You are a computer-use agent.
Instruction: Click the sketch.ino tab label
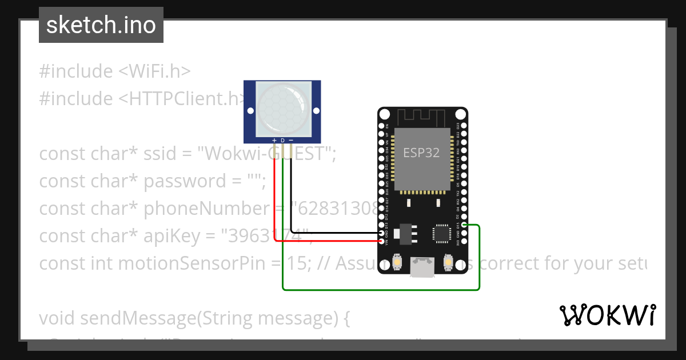(x=101, y=25)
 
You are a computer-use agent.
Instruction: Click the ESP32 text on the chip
(x=421, y=153)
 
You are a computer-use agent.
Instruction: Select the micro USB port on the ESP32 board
(x=422, y=266)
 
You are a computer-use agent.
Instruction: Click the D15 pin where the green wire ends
(x=465, y=225)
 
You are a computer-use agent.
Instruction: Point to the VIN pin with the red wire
(x=381, y=241)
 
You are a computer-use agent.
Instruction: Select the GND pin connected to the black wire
(x=381, y=233)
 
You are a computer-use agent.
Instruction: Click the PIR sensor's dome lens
(x=282, y=106)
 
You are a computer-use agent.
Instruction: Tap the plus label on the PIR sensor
(x=274, y=140)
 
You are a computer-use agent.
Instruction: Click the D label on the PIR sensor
(x=282, y=140)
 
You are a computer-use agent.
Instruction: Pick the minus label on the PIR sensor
(x=291, y=140)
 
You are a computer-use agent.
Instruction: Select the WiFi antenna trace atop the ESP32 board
(x=422, y=118)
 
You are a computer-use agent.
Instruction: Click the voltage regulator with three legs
(x=406, y=232)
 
